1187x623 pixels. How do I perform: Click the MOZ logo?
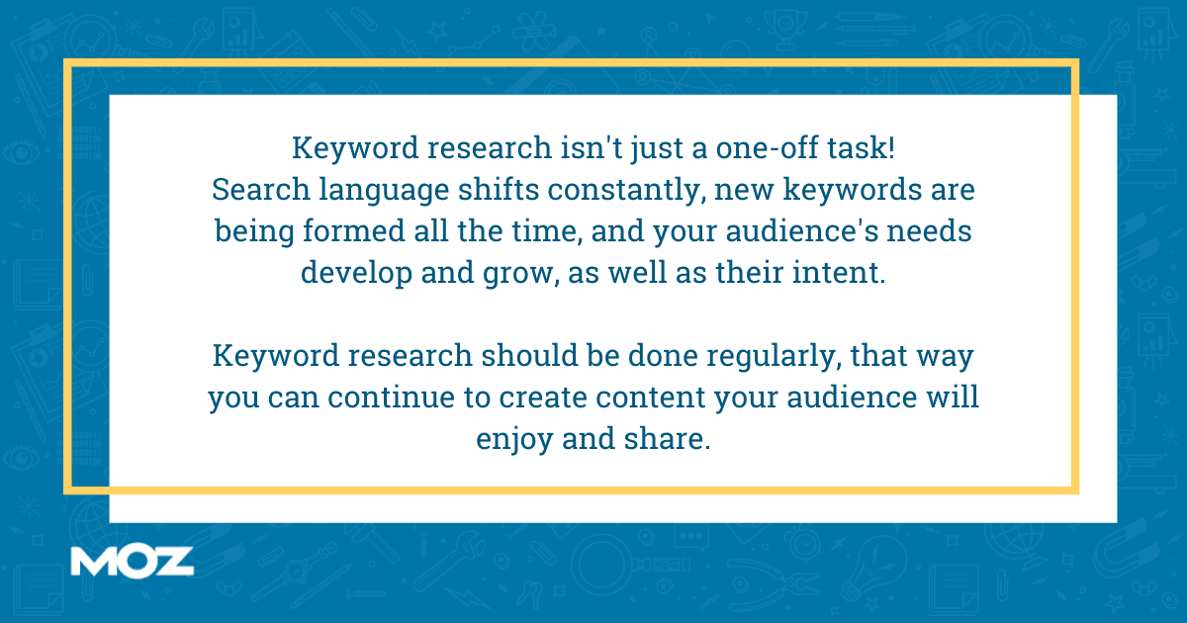(x=132, y=560)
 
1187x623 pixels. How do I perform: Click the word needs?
(x=931, y=231)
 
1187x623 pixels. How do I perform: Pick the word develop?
(x=356, y=273)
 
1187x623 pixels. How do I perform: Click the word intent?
(x=841, y=273)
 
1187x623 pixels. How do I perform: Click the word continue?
(x=396, y=397)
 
